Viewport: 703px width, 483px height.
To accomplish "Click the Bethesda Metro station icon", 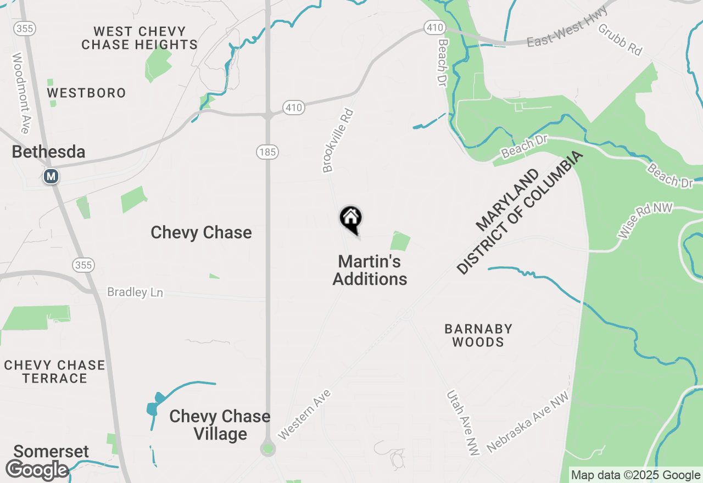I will click(51, 176).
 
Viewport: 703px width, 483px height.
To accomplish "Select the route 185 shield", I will click(267, 152).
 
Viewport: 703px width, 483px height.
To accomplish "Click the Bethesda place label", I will click(48, 152).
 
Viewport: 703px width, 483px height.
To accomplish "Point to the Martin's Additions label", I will click(370, 270).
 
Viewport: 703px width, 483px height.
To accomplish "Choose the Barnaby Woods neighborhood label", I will click(478, 335).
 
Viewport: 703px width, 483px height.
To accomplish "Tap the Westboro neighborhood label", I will click(86, 93).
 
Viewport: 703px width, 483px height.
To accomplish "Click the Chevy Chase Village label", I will click(220, 425).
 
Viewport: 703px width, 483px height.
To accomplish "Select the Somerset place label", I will click(51, 452).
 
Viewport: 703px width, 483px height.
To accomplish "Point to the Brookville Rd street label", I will click(338, 141).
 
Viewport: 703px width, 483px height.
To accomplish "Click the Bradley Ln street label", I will click(135, 292).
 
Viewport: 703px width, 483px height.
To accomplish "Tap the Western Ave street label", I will click(304, 414).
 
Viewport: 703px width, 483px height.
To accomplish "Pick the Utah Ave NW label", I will click(463, 422).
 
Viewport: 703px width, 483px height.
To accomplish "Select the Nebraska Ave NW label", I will click(527, 422).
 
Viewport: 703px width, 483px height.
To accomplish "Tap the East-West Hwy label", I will click(567, 26).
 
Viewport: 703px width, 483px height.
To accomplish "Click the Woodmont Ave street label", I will click(20, 93).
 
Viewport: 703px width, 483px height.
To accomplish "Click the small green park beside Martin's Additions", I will click(400, 241).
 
